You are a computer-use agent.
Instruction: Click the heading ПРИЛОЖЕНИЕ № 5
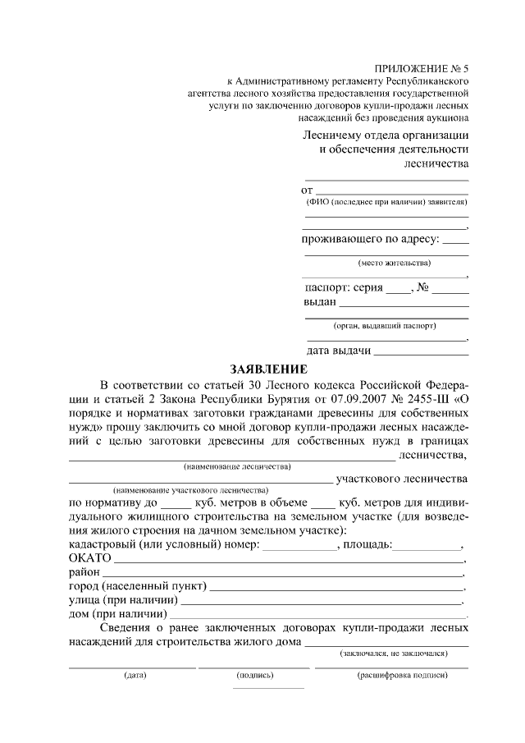click(x=422, y=69)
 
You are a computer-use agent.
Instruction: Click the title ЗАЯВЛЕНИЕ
click(x=267, y=369)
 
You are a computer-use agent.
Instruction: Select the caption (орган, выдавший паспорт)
click(x=385, y=325)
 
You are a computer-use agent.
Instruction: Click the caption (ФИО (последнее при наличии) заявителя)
click(x=386, y=201)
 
